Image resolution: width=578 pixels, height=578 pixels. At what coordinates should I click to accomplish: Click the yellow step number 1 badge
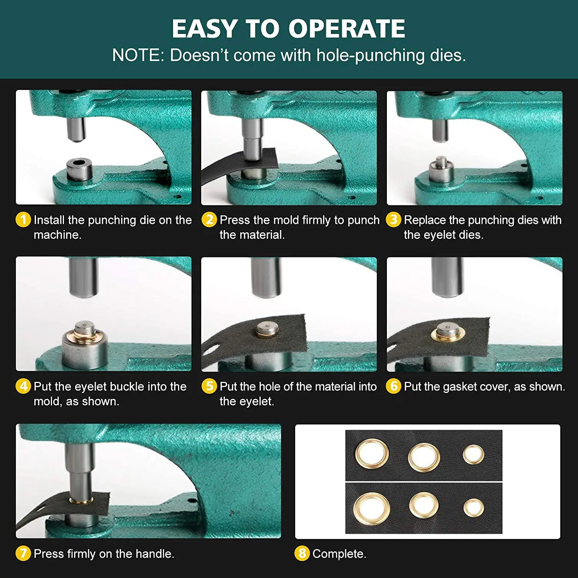tap(23, 220)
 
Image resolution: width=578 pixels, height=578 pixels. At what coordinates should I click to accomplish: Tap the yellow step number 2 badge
tap(209, 220)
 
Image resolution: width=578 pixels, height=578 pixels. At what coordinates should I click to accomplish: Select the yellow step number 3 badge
tap(393, 220)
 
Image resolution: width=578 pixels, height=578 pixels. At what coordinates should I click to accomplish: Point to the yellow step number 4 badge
tap(23, 386)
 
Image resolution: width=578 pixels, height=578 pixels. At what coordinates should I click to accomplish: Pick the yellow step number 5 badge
tap(209, 386)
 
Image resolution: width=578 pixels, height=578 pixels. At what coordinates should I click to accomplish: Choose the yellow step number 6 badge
tap(393, 386)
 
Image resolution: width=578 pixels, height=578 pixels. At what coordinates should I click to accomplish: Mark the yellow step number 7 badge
tap(23, 553)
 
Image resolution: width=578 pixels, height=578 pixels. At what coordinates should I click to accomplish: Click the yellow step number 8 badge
tap(302, 553)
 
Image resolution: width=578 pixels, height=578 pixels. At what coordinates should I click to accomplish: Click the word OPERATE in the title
tap(347, 29)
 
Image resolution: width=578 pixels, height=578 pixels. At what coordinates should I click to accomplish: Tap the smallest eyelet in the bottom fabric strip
tap(474, 508)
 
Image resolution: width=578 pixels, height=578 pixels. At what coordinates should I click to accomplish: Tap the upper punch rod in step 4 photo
tap(83, 277)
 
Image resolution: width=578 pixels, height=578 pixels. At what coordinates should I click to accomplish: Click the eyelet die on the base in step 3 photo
tap(442, 171)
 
